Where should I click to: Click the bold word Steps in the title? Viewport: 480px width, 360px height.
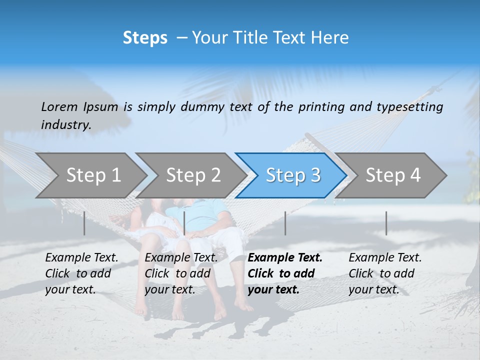tap(145, 38)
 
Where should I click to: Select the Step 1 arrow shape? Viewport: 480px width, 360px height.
tap(93, 175)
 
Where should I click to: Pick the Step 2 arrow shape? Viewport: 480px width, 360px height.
tap(193, 175)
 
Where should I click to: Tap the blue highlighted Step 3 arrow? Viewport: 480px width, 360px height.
tap(293, 175)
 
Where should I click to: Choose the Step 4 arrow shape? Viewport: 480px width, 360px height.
tap(393, 175)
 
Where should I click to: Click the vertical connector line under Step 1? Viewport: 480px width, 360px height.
tap(84, 223)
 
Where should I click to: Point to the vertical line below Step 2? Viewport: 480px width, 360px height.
tap(184, 223)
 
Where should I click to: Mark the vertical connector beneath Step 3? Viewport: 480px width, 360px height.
tap(285, 223)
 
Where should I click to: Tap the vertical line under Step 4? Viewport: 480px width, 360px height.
tap(386, 223)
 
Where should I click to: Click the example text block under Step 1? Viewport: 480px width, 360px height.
tap(81, 273)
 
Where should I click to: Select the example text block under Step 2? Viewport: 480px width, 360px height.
tap(181, 273)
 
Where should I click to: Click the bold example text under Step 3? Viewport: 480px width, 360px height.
tap(285, 273)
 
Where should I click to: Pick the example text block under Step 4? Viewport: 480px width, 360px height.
tap(385, 273)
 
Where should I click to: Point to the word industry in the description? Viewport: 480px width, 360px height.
tap(65, 124)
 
